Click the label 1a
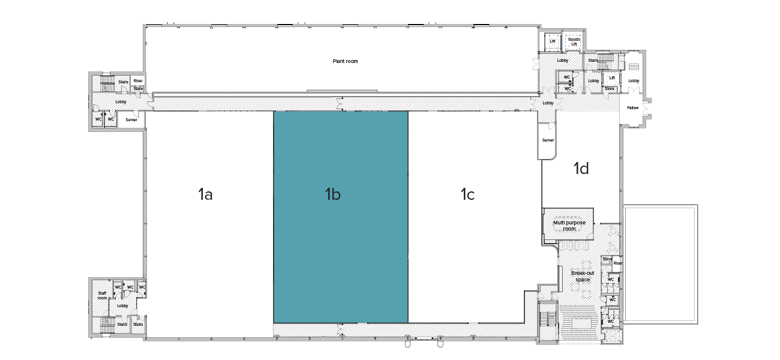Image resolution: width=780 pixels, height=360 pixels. click(205, 194)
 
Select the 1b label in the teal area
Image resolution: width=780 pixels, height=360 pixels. click(333, 194)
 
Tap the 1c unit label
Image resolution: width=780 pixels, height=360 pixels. click(467, 194)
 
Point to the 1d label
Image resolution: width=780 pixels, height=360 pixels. click(581, 169)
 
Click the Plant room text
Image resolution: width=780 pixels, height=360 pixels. click(345, 61)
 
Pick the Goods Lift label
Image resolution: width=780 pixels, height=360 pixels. click(574, 42)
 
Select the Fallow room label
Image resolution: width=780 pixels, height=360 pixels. click(633, 108)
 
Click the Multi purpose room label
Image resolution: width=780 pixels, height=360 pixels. click(569, 226)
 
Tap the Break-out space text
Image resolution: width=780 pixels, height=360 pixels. click(582, 276)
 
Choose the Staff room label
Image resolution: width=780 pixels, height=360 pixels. click(102, 295)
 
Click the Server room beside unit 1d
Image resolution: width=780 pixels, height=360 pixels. click(548, 140)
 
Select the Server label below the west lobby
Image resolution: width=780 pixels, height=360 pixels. click(131, 120)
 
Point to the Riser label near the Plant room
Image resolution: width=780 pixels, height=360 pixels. click(139, 81)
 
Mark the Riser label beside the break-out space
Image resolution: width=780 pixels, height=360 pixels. click(617, 263)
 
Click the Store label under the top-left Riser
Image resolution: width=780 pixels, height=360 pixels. click(138, 89)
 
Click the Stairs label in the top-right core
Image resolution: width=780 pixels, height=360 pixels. click(593, 61)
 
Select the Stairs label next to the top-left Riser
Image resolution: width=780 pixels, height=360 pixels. click(123, 82)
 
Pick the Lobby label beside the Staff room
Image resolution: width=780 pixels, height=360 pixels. click(122, 306)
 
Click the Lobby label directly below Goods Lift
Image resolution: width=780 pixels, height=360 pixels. click(562, 61)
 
